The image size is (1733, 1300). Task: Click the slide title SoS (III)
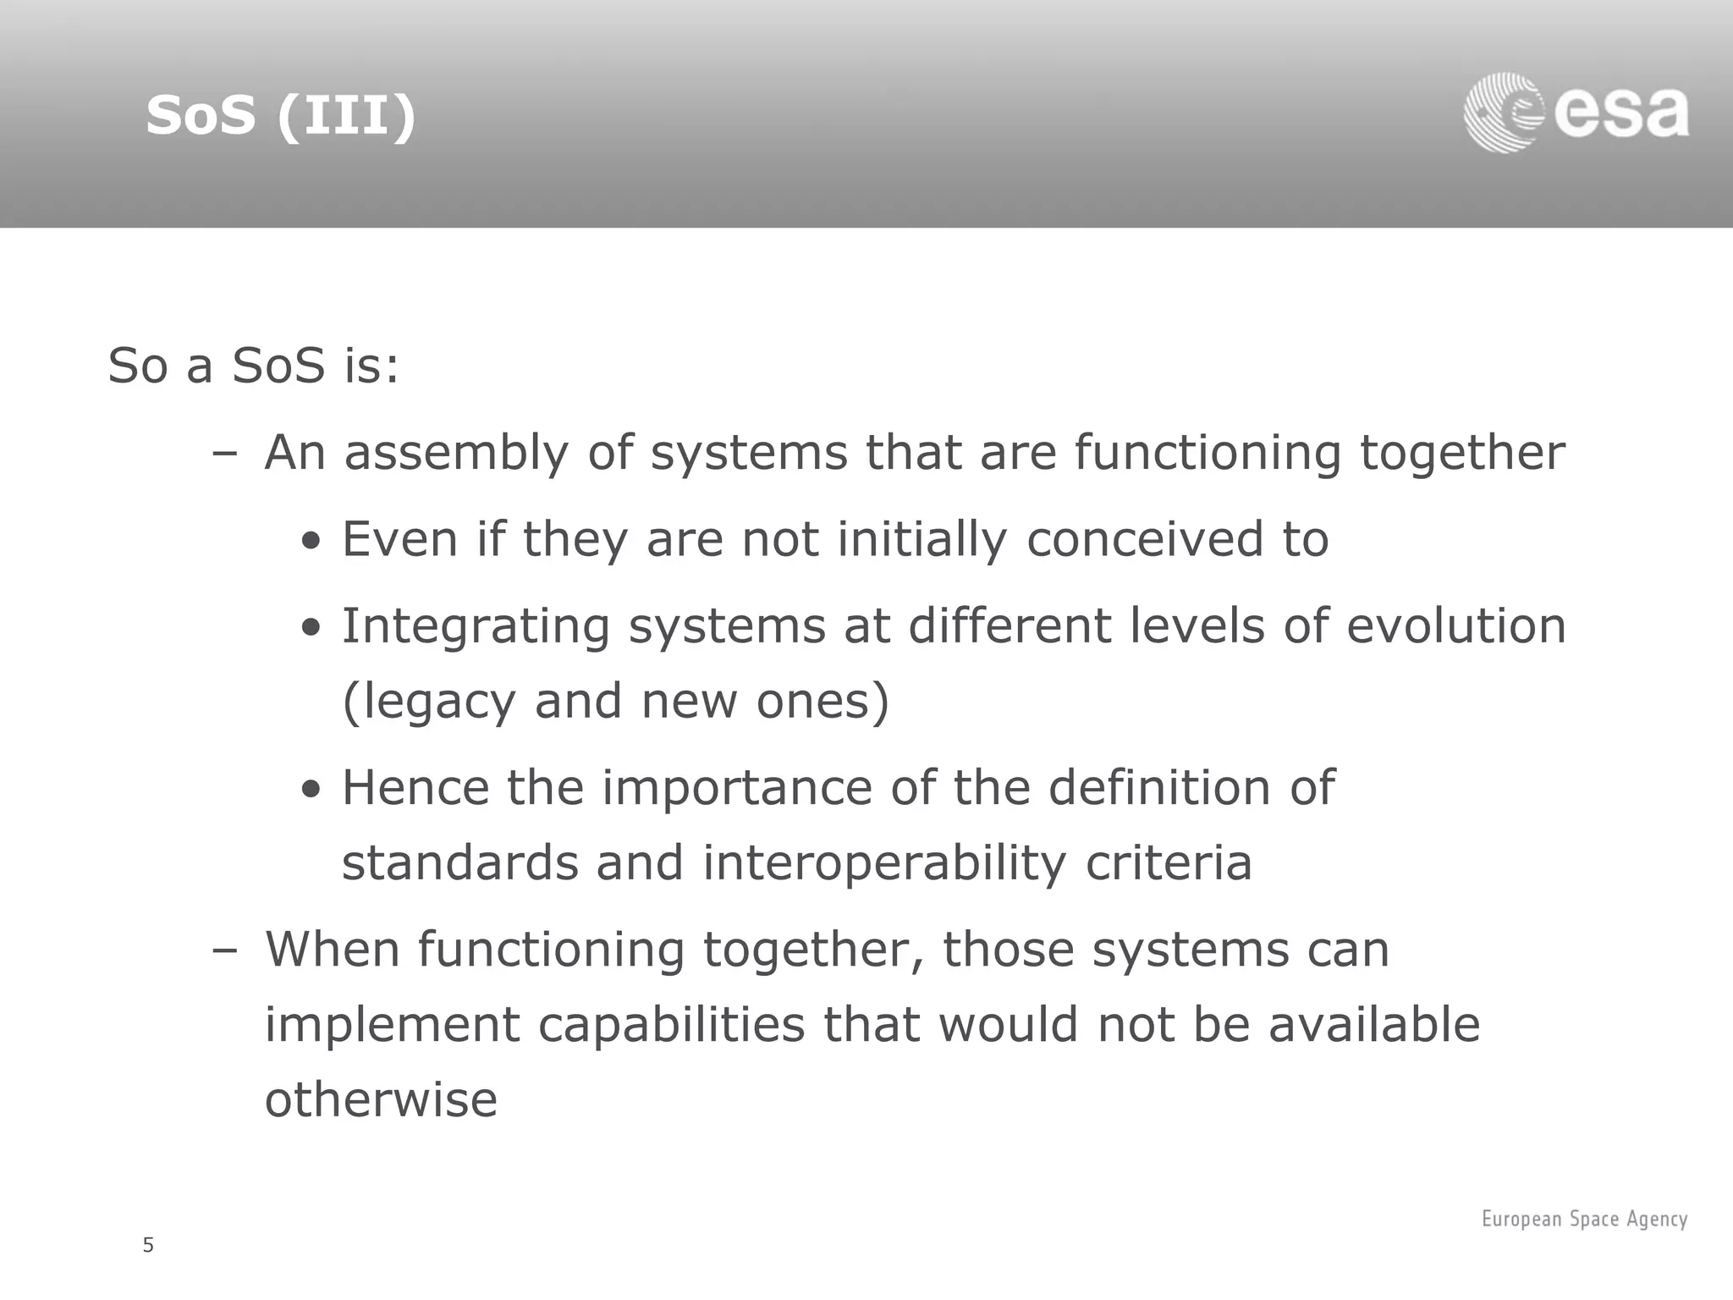[281, 115]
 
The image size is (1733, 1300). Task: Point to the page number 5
[148, 1245]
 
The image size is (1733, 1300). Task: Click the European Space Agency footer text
[1584, 1219]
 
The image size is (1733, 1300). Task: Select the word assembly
[456, 453]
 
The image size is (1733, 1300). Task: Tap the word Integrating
[476, 627]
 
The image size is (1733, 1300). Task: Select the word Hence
[415, 788]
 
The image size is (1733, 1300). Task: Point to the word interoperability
[884, 863]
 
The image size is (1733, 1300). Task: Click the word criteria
[1168, 863]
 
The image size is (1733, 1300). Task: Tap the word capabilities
[671, 1026]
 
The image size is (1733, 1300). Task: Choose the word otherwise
[381, 1100]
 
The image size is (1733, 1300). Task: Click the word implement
[392, 1026]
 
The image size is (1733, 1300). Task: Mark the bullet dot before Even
[312, 541]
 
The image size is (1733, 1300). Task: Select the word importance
[736, 788]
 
